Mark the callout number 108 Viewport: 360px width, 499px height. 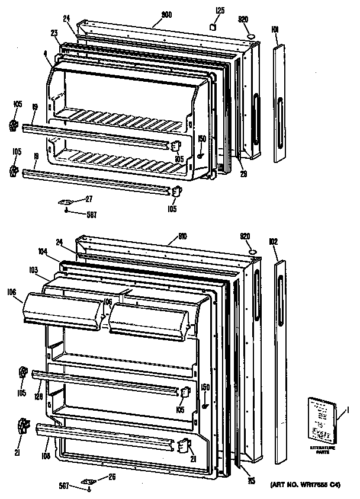[x=45, y=456]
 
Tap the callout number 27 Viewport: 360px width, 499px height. [x=89, y=199]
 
